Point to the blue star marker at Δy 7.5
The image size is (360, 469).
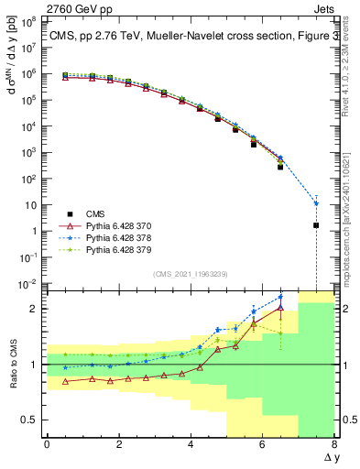click(x=316, y=203)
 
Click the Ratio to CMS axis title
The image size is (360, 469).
click(x=13, y=364)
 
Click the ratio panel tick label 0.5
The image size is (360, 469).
click(x=27, y=420)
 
